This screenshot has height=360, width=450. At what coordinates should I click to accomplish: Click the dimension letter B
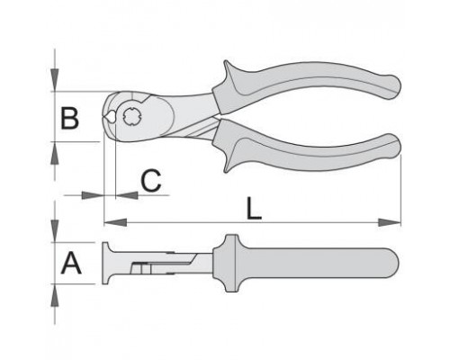[x=69, y=119]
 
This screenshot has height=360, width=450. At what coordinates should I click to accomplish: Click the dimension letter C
[x=151, y=181]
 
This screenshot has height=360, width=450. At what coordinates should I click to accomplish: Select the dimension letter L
[x=254, y=208]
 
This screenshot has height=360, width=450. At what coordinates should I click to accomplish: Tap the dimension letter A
[x=71, y=264]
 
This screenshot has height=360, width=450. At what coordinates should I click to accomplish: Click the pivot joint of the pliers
[x=130, y=116]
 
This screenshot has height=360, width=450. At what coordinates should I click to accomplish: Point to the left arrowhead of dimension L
[x=115, y=222]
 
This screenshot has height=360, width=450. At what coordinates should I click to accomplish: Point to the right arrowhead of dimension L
[x=390, y=222]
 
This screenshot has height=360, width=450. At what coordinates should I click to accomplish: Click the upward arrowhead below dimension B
[x=55, y=153]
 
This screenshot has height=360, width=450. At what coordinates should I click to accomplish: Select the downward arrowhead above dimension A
[x=55, y=231]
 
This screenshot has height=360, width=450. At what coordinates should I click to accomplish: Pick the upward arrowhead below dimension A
[x=55, y=295]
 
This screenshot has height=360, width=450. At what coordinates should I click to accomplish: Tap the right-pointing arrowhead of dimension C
[x=93, y=195]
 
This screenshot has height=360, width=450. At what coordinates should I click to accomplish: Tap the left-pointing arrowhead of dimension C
[x=127, y=195]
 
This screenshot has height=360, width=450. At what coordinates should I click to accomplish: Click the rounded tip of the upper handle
[x=393, y=87]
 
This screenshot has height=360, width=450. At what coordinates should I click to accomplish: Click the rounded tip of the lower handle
[x=393, y=147]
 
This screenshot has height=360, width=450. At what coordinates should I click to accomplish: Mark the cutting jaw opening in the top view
[x=110, y=117]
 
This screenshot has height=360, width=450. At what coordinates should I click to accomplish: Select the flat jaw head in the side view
[x=105, y=263]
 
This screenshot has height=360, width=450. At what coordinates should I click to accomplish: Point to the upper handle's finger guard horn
[x=229, y=70]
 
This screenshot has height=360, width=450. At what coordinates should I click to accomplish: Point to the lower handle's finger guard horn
[x=229, y=162]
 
